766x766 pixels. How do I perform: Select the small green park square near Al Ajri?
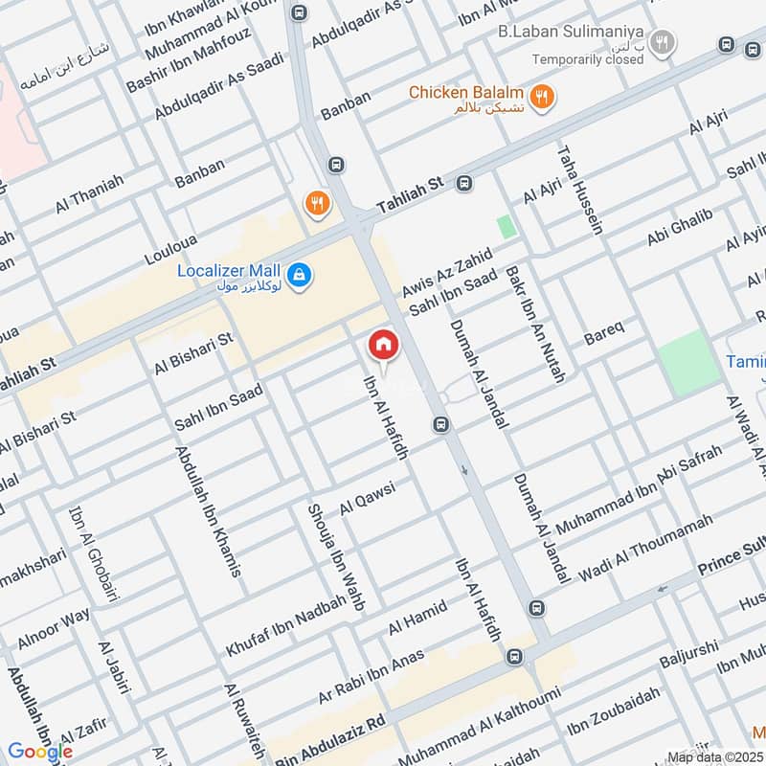[506, 228]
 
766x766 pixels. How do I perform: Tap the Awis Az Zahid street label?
[446, 271]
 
